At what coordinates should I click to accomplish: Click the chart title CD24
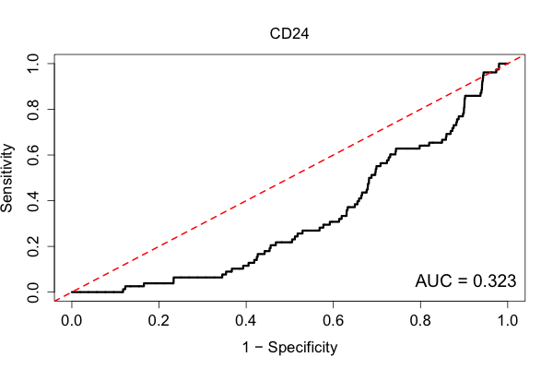click(289, 34)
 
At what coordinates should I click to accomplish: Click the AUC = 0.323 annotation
click(465, 281)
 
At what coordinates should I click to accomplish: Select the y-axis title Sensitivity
click(7, 178)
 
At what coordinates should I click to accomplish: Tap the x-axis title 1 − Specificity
click(289, 348)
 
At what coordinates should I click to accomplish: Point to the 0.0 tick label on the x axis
click(72, 321)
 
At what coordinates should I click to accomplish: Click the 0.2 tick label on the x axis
click(159, 321)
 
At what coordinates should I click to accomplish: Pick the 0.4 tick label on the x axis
click(246, 321)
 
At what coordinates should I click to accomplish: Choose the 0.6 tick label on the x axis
click(333, 321)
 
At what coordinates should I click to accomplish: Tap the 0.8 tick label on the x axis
click(420, 321)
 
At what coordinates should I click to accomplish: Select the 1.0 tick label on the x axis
click(508, 321)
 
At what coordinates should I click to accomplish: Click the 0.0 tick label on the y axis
click(33, 292)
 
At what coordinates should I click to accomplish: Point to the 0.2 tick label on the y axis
click(33, 246)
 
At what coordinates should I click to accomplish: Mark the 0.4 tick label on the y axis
click(33, 200)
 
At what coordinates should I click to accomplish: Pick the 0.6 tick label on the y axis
click(33, 155)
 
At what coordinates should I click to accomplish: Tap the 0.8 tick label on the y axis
click(33, 110)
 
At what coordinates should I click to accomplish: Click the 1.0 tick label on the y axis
click(33, 64)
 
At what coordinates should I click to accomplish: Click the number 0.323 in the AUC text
click(494, 281)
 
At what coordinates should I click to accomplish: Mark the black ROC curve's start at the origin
click(72, 292)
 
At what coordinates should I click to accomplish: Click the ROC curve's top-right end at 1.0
click(508, 64)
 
